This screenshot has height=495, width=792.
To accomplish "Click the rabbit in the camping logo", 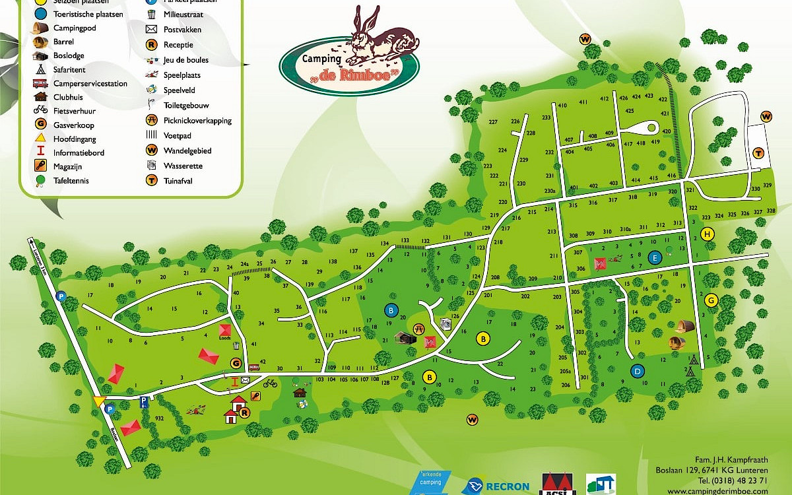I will pyautogui.click(x=379, y=36).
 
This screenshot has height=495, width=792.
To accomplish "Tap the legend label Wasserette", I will pyautogui.click(x=183, y=166).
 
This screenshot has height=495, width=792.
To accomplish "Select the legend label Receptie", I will pyautogui.click(x=178, y=45).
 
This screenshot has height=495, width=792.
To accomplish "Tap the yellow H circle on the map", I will pyautogui.click(x=709, y=234).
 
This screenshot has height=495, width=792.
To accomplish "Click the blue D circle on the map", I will pyautogui.click(x=637, y=371).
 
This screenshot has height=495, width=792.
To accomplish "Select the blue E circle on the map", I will pyautogui.click(x=655, y=257).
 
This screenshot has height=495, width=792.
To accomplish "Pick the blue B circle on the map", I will pyautogui.click(x=391, y=310).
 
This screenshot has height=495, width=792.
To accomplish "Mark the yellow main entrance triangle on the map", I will pyautogui.click(x=99, y=401).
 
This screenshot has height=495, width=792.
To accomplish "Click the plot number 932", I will pyautogui.click(x=159, y=418).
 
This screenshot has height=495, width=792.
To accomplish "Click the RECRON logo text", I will pyautogui.click(x=507, y=487).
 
